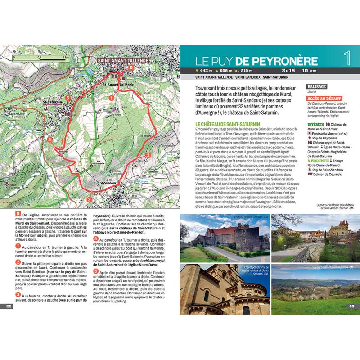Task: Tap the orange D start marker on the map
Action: (x=130, y=67)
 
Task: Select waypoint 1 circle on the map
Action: (x=110, y=96)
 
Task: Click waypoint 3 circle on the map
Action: (x=89, y=199)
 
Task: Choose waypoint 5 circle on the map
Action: (x=67, y=97)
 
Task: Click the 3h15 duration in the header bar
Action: (x=288, y=71)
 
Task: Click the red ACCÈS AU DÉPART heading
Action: (x=324, y=98)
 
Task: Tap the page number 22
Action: (x=9, y=306)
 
